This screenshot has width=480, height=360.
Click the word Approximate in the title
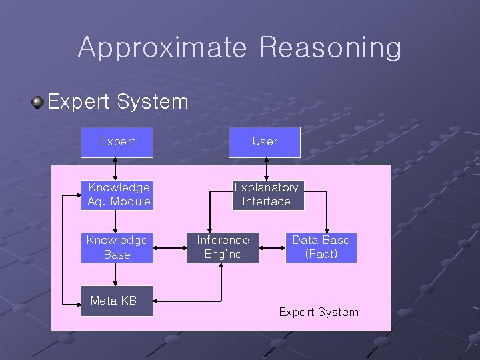[162, 49]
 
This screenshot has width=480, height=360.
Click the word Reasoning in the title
[330, 49]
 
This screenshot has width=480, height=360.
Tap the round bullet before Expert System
[37, 102]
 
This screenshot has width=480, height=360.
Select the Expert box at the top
[117, 141]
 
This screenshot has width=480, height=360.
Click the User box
[265, 141]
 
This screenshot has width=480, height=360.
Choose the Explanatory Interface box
[266, 195]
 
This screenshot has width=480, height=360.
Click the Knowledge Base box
[117, 247]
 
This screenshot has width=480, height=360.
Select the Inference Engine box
[223, 247]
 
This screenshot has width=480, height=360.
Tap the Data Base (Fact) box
[321, 247]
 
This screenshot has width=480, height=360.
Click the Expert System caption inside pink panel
[319, 312]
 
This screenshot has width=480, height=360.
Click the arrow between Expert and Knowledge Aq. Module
[116, 169]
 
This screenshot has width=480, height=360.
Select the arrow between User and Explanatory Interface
[266, 169]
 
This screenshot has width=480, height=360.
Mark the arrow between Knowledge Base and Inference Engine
[170, 248]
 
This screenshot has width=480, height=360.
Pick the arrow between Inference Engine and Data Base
[272, 248]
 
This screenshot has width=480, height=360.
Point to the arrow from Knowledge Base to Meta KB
[117, 275]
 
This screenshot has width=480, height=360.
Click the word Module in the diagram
[131, 201]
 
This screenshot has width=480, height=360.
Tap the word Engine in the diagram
[223, 254]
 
